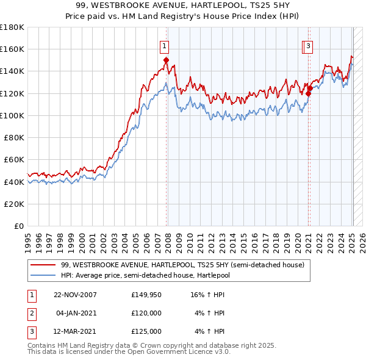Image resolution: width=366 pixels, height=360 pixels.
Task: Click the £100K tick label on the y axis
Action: click(x=12, y=115)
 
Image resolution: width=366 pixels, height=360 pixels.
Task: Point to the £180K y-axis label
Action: click(x=12, y=27)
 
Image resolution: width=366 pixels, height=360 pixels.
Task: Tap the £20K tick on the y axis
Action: click(x=14, y=204)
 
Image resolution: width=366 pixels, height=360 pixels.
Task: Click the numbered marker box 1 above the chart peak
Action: click(x=165, y=45)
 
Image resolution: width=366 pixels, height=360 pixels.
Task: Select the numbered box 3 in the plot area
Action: click(x=309, y=45)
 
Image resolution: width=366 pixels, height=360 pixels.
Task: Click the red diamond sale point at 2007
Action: click(x=166, y=60)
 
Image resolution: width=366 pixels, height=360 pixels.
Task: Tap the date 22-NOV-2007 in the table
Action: click(x=75, y=295)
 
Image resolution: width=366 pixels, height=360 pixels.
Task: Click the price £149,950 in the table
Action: click(x=146, y=295)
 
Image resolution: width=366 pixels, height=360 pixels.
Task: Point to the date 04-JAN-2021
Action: click(x=76, y=314)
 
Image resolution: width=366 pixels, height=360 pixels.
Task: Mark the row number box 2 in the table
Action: click(x=30, y=314)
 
